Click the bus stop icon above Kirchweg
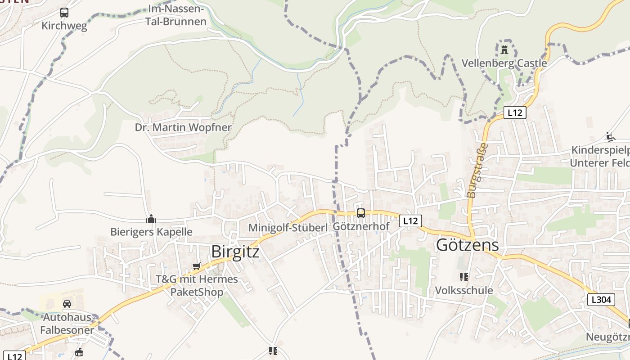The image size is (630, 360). (64, 13)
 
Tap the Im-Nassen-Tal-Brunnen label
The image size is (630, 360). (176, 15)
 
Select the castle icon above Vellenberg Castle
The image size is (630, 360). (504, 49)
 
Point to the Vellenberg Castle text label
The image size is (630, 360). (504, 63)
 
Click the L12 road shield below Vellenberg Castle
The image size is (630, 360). (514, 112)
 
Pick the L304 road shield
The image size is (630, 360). (601, 300)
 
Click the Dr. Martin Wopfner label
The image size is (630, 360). (183, 127)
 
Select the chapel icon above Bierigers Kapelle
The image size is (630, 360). (151, 219)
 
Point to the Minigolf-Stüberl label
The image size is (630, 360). (288, 228)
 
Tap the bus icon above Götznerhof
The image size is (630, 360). (361, 213)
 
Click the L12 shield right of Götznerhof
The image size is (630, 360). (410, 221)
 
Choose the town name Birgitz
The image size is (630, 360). (235, 252)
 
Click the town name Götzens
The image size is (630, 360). (468, 245)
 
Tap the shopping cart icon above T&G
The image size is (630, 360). (196, 266)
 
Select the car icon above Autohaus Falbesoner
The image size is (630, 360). (67, 304)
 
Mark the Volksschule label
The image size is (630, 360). (464, 290)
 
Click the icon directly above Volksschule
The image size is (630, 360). (464, 277)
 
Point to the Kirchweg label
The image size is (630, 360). (64, 26)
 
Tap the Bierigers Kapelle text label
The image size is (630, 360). (151, 232)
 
